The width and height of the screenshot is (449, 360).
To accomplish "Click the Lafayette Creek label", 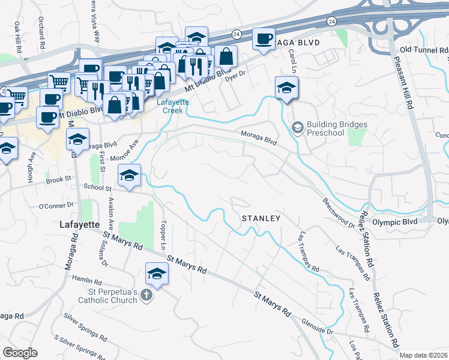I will pos(173,106).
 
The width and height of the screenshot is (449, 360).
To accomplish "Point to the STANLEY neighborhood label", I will pos(261,218).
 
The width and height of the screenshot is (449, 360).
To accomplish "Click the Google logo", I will pos(20,353).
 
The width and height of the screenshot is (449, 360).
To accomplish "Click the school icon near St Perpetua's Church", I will pos(157,274).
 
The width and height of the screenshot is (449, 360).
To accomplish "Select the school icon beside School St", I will pos(129,176).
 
